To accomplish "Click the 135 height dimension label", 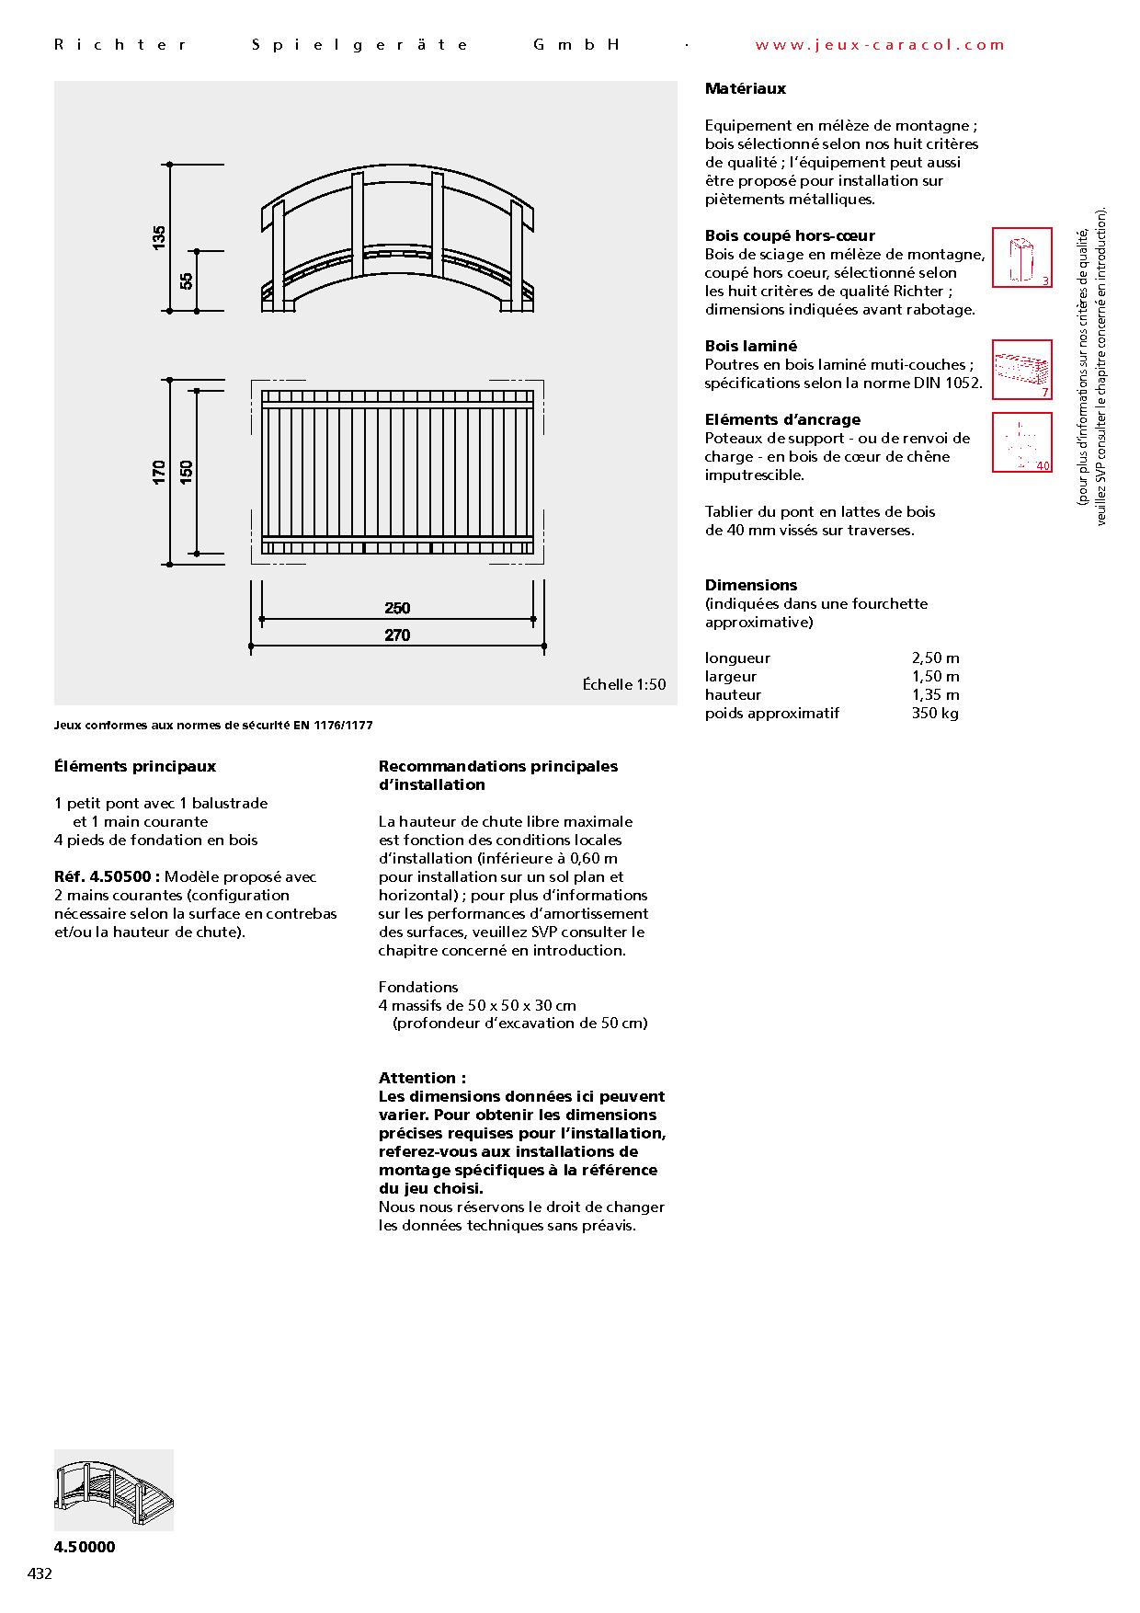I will [x=160, y=237].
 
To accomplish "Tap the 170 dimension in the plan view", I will [x=160, y=472].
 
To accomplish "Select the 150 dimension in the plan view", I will [x=187, y=472].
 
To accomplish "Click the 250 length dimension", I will [x=397, y=608].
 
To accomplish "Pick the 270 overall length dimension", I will [x=397, y=635].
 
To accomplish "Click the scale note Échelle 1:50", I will [x=623, y=684].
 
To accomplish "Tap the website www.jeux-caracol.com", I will [x=880, y=44].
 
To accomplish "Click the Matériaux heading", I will [x=745, y=89].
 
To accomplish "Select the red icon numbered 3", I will [x=1021, y=257].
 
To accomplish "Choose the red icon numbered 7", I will [x=1021, y=370].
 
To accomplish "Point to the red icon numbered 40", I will [x=1021, y=442].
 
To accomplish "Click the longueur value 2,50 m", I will [x=935, y=658].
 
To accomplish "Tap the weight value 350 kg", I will [x=935, y=714].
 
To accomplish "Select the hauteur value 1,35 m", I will [x=935, y=695].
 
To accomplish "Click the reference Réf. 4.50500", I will [x=108, y=877].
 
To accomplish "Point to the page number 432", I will [x=40, y=1573].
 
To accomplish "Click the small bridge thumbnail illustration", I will [x=113, y=1490].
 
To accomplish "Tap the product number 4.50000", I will [x=85, y=1547].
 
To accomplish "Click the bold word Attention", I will [x=422, y=1078].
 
